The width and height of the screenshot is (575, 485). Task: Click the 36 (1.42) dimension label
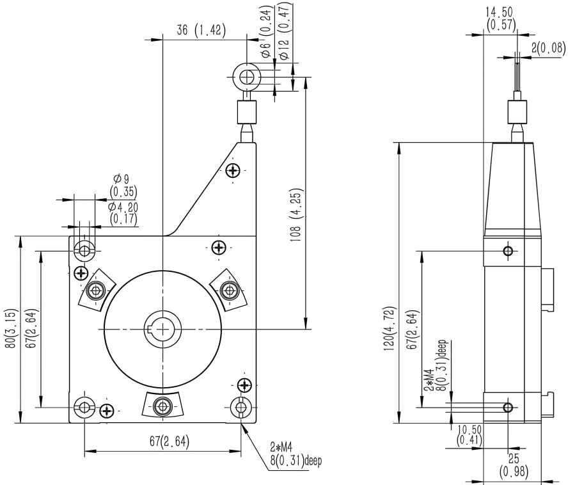click(200, 31)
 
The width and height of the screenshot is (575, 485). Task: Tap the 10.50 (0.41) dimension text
click(470, 435)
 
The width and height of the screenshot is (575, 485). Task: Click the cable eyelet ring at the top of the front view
click(247, 77)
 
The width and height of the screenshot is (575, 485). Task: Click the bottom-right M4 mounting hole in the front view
click(241, 406)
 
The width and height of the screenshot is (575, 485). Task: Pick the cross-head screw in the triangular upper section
click(233, 170)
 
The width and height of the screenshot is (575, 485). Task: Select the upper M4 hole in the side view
click(508, 250)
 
